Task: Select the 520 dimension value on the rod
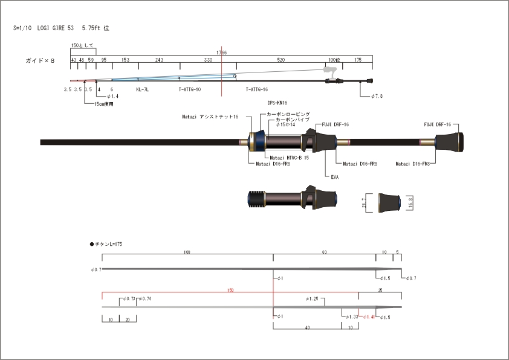281,60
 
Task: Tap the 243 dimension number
159,60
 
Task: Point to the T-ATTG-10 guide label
189,89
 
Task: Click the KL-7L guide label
142,89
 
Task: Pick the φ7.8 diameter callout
375,96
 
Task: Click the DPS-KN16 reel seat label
277,103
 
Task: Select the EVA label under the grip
334,177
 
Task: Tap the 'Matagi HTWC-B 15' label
289,158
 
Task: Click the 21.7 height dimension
364,202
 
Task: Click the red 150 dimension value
230,291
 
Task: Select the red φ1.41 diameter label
369,317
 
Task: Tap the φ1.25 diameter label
312,299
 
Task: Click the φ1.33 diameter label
350,317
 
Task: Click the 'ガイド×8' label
40,60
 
